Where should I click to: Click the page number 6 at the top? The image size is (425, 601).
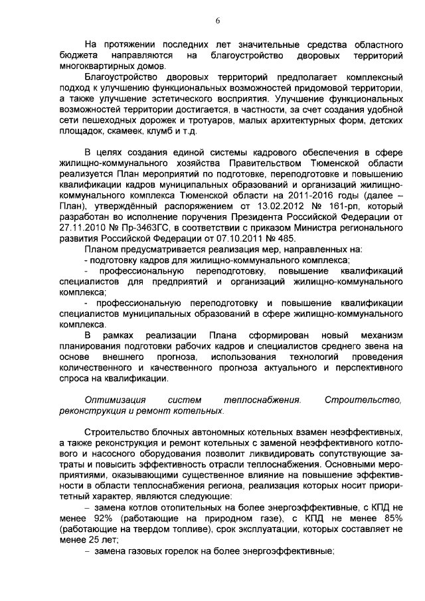217,21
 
